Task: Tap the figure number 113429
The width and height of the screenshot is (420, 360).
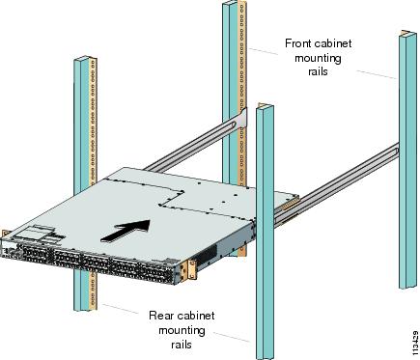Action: tap(415, 341)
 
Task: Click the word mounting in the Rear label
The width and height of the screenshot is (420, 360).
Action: tap(182, 331)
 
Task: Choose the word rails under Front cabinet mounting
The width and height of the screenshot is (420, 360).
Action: tap(318, 71)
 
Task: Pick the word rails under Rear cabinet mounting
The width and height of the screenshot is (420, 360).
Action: tap(182, 345)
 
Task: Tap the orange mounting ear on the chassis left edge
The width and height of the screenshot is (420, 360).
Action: tap(4, 235)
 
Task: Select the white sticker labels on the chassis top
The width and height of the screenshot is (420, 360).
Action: tap(39, 235)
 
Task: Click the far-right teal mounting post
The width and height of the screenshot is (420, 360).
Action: tap(407, 161)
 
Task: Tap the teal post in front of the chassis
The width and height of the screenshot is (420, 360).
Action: tap(265, 232)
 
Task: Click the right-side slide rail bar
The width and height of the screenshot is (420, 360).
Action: tap(336, 184)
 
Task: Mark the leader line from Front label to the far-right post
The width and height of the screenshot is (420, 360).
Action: tap(376, 74)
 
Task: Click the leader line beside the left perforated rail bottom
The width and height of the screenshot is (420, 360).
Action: tap(121, 309)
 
